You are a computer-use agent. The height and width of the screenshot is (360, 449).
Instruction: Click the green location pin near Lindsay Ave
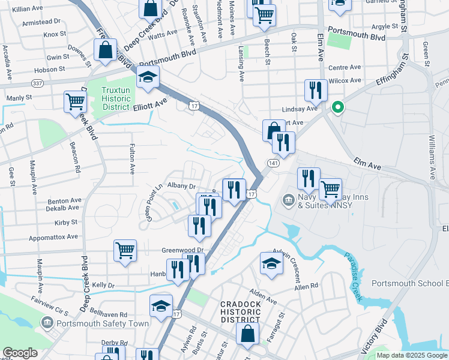click(x=337, y=108)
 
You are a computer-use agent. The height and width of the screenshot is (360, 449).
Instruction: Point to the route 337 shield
click(x=37, y=83)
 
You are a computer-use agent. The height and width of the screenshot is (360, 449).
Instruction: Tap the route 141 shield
click(x=273, y=163)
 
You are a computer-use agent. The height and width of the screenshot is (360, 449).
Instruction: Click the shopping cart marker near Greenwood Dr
click(x=125, y=250)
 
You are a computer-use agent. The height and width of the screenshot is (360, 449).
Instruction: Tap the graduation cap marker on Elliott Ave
click(x=148, y=77)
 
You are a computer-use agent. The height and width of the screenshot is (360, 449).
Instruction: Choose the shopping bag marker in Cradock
click(x=247, y=334)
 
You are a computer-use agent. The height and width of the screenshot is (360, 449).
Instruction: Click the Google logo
click(x=20, y=353)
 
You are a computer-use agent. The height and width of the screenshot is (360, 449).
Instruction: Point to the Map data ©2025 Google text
click(x=412, y=355)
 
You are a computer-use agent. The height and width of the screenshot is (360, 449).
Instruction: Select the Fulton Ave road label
click(x=131, y=158)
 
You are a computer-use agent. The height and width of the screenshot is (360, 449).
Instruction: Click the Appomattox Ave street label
click(x=56, y=236)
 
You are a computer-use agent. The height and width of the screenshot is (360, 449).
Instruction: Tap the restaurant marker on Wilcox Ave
click(x=316, y=91)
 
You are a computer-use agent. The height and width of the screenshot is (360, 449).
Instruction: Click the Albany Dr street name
click(x=182, y=187)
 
